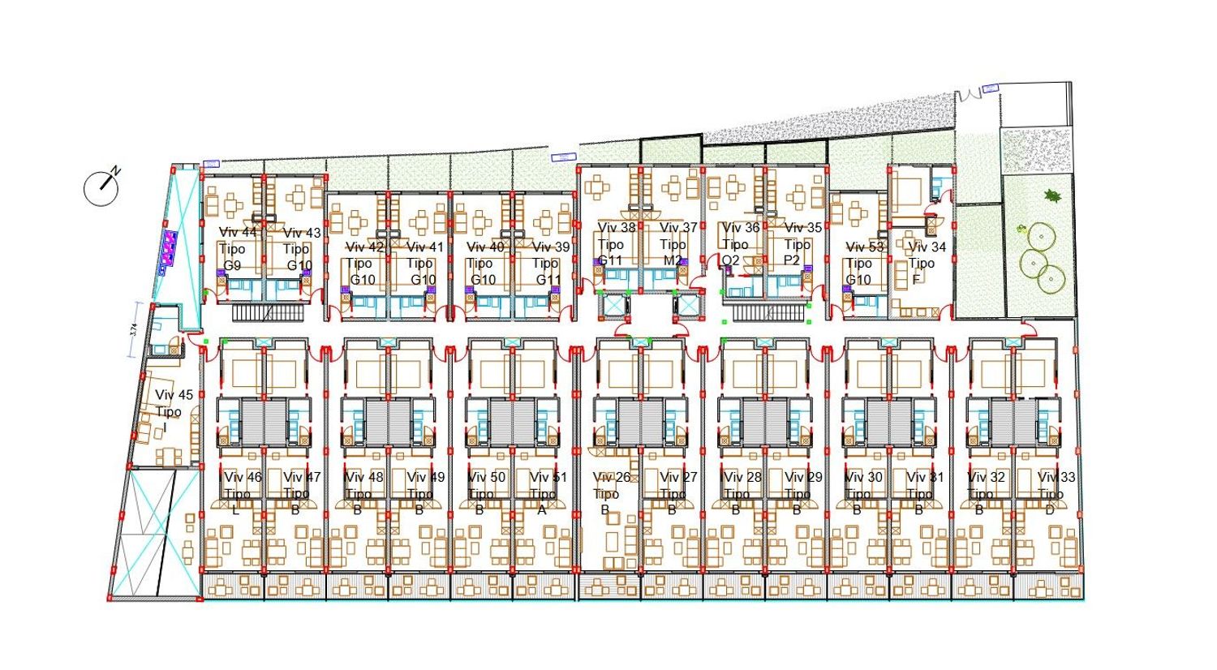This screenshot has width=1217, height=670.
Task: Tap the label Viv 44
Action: (x=238, y=233)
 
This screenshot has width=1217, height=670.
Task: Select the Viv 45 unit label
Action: (x=174, y=395)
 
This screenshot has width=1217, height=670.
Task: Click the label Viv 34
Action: (x=927, y=247)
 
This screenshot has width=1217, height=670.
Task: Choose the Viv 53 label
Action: (x=865, y=247)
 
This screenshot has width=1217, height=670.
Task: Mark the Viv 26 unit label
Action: (x=612, y=477)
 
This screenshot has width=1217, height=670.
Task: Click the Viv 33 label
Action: (x=1056, y=477)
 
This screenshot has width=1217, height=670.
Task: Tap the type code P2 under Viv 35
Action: (x=792, y=260)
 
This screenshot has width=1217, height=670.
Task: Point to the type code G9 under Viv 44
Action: (x=233, y=265)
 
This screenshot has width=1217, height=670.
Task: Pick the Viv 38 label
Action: (x=617, y=228)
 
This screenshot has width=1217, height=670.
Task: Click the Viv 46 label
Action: (x=243, y=477)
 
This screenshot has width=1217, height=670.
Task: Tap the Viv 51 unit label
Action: (x=548, y=477)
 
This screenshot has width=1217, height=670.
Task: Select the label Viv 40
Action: (x=485, y=247)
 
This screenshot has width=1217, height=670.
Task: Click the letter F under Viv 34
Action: (x=915, y=280)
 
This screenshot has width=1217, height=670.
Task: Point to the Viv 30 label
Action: (x=863, y=477)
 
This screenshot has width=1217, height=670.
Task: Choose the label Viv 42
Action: (x=364, y=247)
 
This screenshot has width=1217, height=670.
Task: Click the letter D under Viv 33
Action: (x=1050, y=510)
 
